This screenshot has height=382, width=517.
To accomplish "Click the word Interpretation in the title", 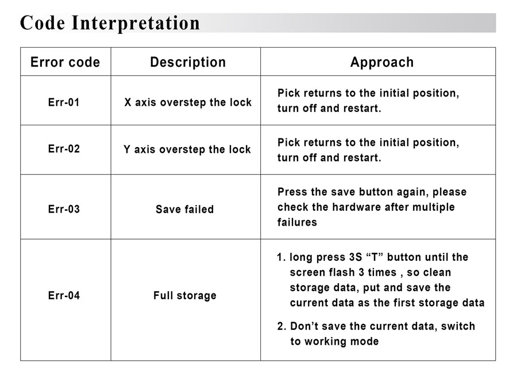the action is coord(136,24).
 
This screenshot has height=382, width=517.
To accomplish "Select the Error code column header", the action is coord(65,62).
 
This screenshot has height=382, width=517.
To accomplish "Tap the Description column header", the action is coord(188,62).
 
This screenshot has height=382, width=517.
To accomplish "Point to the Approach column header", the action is coord(382,62).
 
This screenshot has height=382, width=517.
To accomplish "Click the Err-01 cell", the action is coord(64,102).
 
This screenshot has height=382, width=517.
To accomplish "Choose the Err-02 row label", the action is coord(64,149).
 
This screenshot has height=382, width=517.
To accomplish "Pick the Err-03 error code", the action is coord(64,209).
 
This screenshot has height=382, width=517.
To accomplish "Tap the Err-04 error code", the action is coord(64,295).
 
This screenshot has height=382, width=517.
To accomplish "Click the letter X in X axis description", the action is coord(128,102).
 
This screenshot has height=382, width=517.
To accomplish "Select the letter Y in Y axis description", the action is coord(127,149).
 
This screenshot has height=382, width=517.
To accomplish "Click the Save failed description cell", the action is coord(184,209).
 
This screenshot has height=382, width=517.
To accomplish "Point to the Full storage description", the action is coord(185,296).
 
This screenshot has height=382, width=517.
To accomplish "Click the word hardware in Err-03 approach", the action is coord(356,207).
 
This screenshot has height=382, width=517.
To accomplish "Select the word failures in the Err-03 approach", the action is coord(297,222).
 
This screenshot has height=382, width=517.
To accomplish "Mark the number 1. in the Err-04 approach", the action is coord(281,257).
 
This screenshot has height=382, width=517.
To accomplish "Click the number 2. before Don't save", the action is coord(281,326).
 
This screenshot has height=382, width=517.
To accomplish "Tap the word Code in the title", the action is coord(43,24).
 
